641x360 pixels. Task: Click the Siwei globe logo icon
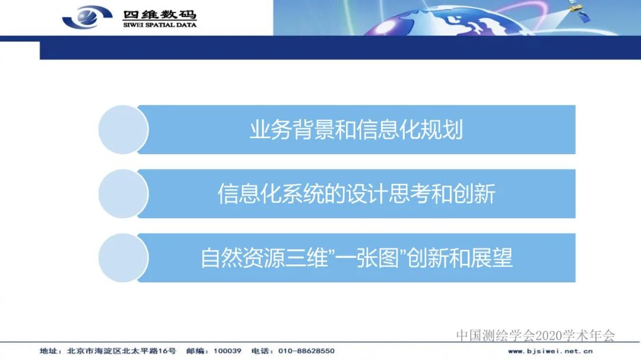click(x=87, y=16)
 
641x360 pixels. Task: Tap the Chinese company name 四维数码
click(x=160, y=15)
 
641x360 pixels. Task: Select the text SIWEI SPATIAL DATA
click(x=160, y=25)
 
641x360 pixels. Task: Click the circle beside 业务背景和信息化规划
click(x=123, y=130)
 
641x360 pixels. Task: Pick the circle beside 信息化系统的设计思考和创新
click(x=123, y=194)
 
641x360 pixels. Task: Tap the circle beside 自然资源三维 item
click(x=123, y=258)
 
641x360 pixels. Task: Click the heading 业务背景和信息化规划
click(x=356, y=130)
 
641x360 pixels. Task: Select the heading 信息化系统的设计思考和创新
click(x=356, y=194)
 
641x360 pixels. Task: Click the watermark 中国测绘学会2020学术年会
click(x=535, y=336)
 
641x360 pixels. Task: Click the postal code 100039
click(x=229, y=351)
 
